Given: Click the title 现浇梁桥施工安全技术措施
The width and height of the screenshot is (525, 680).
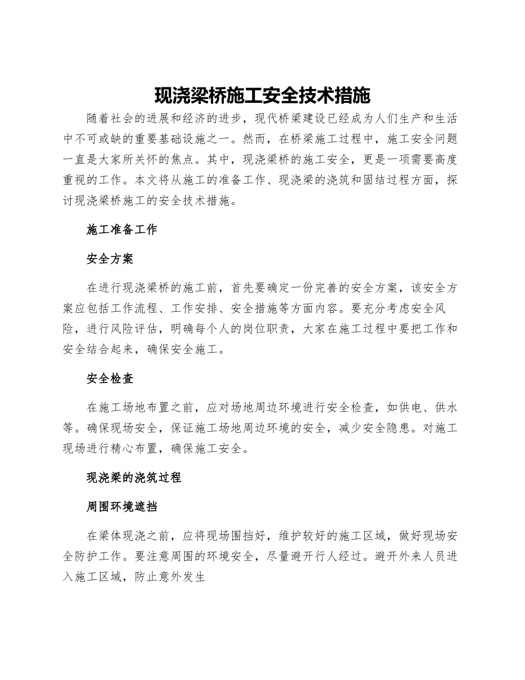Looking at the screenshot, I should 262,96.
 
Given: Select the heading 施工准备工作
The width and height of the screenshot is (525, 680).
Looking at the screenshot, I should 122,230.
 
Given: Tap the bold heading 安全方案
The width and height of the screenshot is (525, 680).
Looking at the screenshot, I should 110,259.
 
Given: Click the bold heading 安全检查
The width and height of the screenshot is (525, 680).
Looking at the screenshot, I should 110,379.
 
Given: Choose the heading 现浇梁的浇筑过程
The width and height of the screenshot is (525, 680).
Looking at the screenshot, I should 134,478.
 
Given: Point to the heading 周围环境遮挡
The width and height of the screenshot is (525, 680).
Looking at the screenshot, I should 122,506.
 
